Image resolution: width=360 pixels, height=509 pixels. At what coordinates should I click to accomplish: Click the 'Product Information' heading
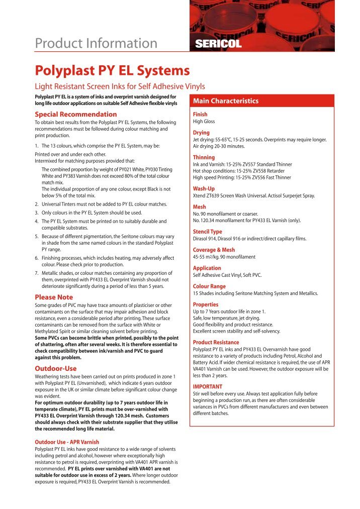(96, 44)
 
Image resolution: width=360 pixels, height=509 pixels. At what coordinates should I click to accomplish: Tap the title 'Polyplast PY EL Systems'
(112, 70)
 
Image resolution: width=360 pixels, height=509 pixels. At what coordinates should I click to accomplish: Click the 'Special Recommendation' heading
(75, 114)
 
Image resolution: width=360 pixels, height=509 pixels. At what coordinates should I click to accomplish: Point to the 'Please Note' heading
(54, 297)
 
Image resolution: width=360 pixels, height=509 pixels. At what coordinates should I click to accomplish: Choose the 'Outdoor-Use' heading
(56, 368)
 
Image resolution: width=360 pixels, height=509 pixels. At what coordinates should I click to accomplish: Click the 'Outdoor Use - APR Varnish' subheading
(67, 442)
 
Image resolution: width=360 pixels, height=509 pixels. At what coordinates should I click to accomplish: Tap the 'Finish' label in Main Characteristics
(201, 114)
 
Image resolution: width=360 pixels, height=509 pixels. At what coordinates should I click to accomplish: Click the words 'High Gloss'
(204, 121)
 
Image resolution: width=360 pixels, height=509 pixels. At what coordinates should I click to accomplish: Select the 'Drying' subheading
(202, 133)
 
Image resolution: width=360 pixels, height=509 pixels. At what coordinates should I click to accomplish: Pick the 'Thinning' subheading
(204, 157)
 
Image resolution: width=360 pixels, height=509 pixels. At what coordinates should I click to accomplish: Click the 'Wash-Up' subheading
(204, 188)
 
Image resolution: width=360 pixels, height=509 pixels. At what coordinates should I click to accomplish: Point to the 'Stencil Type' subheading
(208, 232)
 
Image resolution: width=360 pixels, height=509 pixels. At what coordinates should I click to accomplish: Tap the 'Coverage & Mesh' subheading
(214, 250)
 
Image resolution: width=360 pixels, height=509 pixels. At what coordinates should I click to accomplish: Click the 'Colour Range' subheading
(210, 286)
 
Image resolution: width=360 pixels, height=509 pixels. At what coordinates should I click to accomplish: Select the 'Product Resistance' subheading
(217, 342)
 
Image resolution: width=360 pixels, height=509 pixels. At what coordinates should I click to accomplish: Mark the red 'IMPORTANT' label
(208, 386)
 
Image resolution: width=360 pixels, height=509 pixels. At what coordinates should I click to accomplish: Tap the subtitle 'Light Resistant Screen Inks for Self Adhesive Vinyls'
(120, 86)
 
